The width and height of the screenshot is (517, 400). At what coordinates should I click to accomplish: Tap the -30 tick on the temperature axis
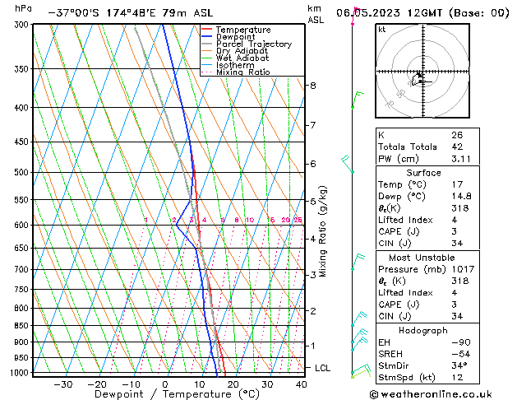[62, 384]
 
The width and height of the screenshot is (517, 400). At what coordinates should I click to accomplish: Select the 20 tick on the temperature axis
[233, 384]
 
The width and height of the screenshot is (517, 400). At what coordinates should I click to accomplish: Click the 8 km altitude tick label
[312, 86]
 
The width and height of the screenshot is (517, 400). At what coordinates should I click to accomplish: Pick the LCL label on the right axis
[322, 368]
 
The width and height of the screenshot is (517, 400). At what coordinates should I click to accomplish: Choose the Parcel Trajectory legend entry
[253, 44]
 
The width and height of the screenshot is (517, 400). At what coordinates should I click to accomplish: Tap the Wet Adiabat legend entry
[242, 58]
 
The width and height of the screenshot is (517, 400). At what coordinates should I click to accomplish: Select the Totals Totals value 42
[457, 147]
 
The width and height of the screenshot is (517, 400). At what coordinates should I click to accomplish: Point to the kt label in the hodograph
[381, 29]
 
